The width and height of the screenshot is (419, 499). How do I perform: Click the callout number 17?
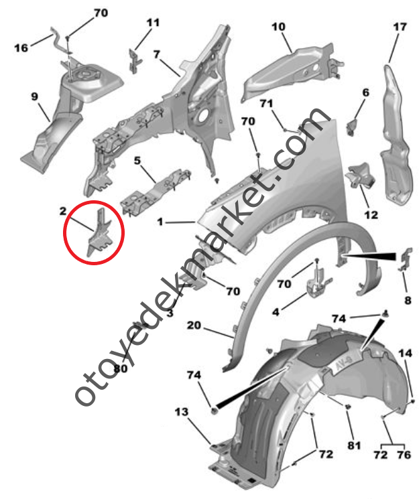(x=400, y=27)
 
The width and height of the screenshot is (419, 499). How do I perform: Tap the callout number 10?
(x=278, y=27)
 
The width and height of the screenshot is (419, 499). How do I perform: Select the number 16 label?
(x=21, y=48)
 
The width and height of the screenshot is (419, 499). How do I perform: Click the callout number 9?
(x=34, y=96)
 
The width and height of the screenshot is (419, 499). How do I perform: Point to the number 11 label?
(x=153, y=23)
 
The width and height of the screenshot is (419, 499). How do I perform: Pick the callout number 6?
(x=365, y=92)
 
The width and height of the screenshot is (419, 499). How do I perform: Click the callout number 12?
(x=371, y=215)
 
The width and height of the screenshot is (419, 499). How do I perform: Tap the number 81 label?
(x=354, y=445)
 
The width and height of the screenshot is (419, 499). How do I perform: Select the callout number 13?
(x=182, y=412)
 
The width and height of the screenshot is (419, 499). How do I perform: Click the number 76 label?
(x=404, y=455)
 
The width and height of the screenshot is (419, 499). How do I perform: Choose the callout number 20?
(x=194, y=326)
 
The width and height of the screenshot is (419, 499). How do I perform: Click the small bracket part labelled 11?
(x=135, y=61)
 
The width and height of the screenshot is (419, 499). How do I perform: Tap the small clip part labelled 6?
(x=352, y=127)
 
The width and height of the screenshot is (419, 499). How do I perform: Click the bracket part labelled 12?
(x=360, y=177)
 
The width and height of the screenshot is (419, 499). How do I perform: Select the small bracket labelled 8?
(x=405, y=259)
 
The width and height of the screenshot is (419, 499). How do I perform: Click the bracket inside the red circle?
(x=99, y=235)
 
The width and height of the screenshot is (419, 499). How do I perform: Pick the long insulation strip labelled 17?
(x=395, y=134)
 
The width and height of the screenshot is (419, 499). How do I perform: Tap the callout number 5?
(x=137, y=161)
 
